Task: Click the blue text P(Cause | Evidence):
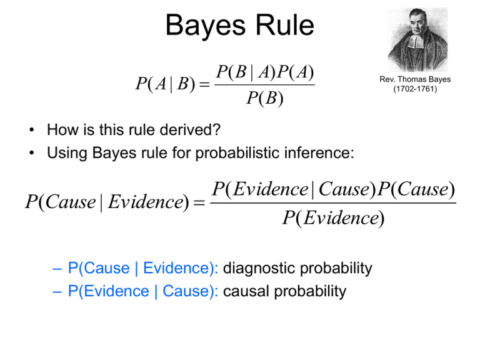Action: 143,269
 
